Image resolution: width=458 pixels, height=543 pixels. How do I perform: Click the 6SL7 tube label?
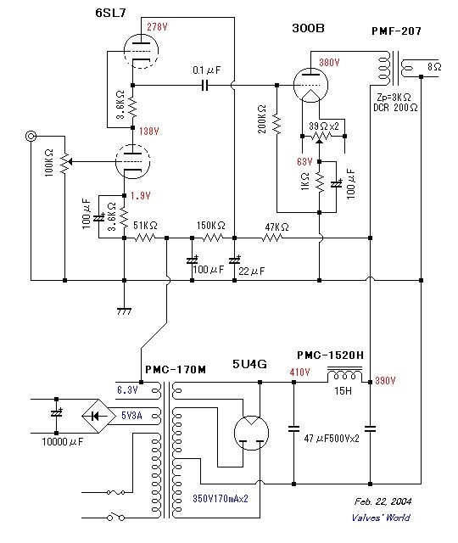tap(110, 13)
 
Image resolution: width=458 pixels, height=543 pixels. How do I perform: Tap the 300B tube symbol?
tap(310, 86)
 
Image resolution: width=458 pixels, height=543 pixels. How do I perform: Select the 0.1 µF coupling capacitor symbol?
tap(205, 85)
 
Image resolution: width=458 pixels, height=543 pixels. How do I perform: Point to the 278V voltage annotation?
tap(157, 26)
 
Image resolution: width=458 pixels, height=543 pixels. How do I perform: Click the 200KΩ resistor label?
tap(262, 119)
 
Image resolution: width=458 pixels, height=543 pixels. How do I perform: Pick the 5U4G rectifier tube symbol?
tap(252, 433)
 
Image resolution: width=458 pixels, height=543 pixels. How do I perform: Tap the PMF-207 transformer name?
tap(396, 31)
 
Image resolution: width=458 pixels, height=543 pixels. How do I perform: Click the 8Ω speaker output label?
tap(434, 66)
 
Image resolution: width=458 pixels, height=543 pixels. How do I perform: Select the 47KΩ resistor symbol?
tap(272, 238)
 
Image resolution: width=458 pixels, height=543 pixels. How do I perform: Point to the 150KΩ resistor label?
tap(211, 226)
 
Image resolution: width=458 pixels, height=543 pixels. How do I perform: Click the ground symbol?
tap(125, 311)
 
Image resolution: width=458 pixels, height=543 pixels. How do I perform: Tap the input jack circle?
tap(31, 136)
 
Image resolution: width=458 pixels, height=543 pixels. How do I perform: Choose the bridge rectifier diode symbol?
tap(98, 416)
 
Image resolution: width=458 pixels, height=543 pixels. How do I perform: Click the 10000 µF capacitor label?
tap(63, 442)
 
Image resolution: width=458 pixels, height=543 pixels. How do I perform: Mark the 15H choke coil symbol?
tap(345, 375)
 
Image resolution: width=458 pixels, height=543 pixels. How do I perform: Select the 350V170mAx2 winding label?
tap(221, 498)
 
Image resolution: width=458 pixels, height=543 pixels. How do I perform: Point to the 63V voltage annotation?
tap(304, 162)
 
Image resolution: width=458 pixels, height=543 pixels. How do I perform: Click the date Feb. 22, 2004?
tap(383, 501)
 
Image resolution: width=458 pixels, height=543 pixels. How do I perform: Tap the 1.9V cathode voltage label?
tap(141, 196)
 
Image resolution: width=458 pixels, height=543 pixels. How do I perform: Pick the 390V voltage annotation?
tap(385, 381)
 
